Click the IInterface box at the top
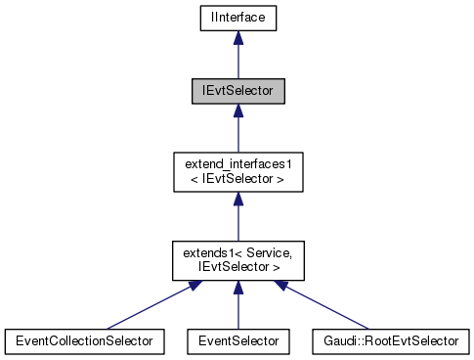237,17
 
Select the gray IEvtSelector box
237,91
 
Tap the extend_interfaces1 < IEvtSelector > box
237,171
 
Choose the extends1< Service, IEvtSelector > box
237,259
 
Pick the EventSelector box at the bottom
237,340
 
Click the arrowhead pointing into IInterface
237,36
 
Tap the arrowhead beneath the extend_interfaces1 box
237,199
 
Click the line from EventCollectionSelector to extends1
147,307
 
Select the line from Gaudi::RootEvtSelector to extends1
327,307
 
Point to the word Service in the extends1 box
257,252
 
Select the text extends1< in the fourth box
207,252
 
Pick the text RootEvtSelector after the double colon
412,340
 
